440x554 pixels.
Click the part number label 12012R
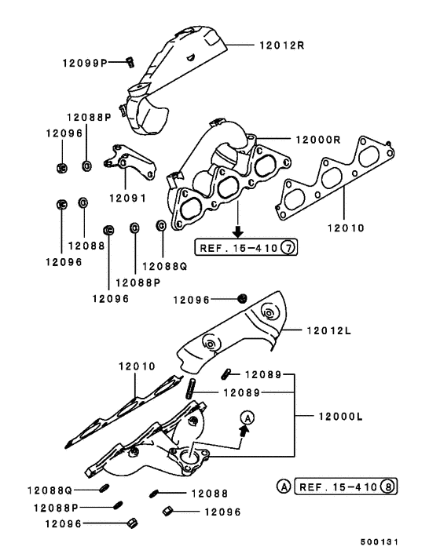point(281,46)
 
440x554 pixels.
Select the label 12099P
point(89,61)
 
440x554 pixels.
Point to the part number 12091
point(128,199)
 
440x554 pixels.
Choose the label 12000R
point(317,140)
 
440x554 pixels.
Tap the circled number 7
point(288,249)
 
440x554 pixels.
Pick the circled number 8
point(387,487)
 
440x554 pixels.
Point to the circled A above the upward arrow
point(246,417)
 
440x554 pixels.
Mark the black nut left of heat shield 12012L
point(243,299)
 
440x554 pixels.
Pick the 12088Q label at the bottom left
point(53,490)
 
